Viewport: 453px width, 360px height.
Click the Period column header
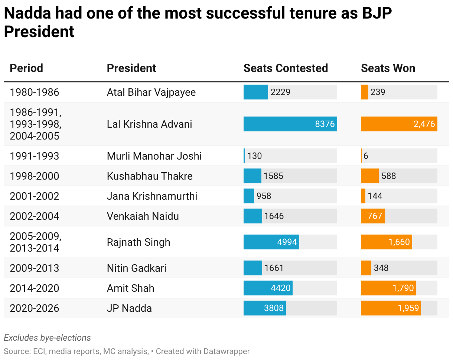click(x=26, y=68)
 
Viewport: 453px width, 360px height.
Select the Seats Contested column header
click(x=286, y=68)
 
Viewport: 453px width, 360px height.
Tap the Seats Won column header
click(x=388, y=68)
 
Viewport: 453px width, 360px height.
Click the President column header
click(x=131, y=68)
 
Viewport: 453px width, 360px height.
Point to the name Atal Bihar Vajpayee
click(x=151, y=92)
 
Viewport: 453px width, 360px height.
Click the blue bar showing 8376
click(x=290, y=124)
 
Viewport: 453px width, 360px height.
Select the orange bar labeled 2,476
click(x=399, y=124)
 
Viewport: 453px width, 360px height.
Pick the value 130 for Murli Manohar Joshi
click(x=255, y=156)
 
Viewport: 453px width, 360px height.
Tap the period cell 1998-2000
click(x=35, y=176)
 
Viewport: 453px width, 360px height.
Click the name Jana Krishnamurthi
click(x=152, y=196)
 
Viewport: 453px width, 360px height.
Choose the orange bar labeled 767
click(x=372, y=216)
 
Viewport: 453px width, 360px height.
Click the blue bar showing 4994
click(x=271, y=242)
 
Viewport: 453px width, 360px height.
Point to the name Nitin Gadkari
click(x=137, y=268)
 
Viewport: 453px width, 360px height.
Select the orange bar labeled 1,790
click(x=388, y=288)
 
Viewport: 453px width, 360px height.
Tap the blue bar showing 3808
click(x=264, y=308)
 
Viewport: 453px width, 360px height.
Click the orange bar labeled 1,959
click(x=391, y=308)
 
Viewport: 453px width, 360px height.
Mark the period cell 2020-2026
click(x=35, y=308)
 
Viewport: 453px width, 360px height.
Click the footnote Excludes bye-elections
click(x=47, y=338)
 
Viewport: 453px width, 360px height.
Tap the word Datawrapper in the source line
click(x=226, y=351)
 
